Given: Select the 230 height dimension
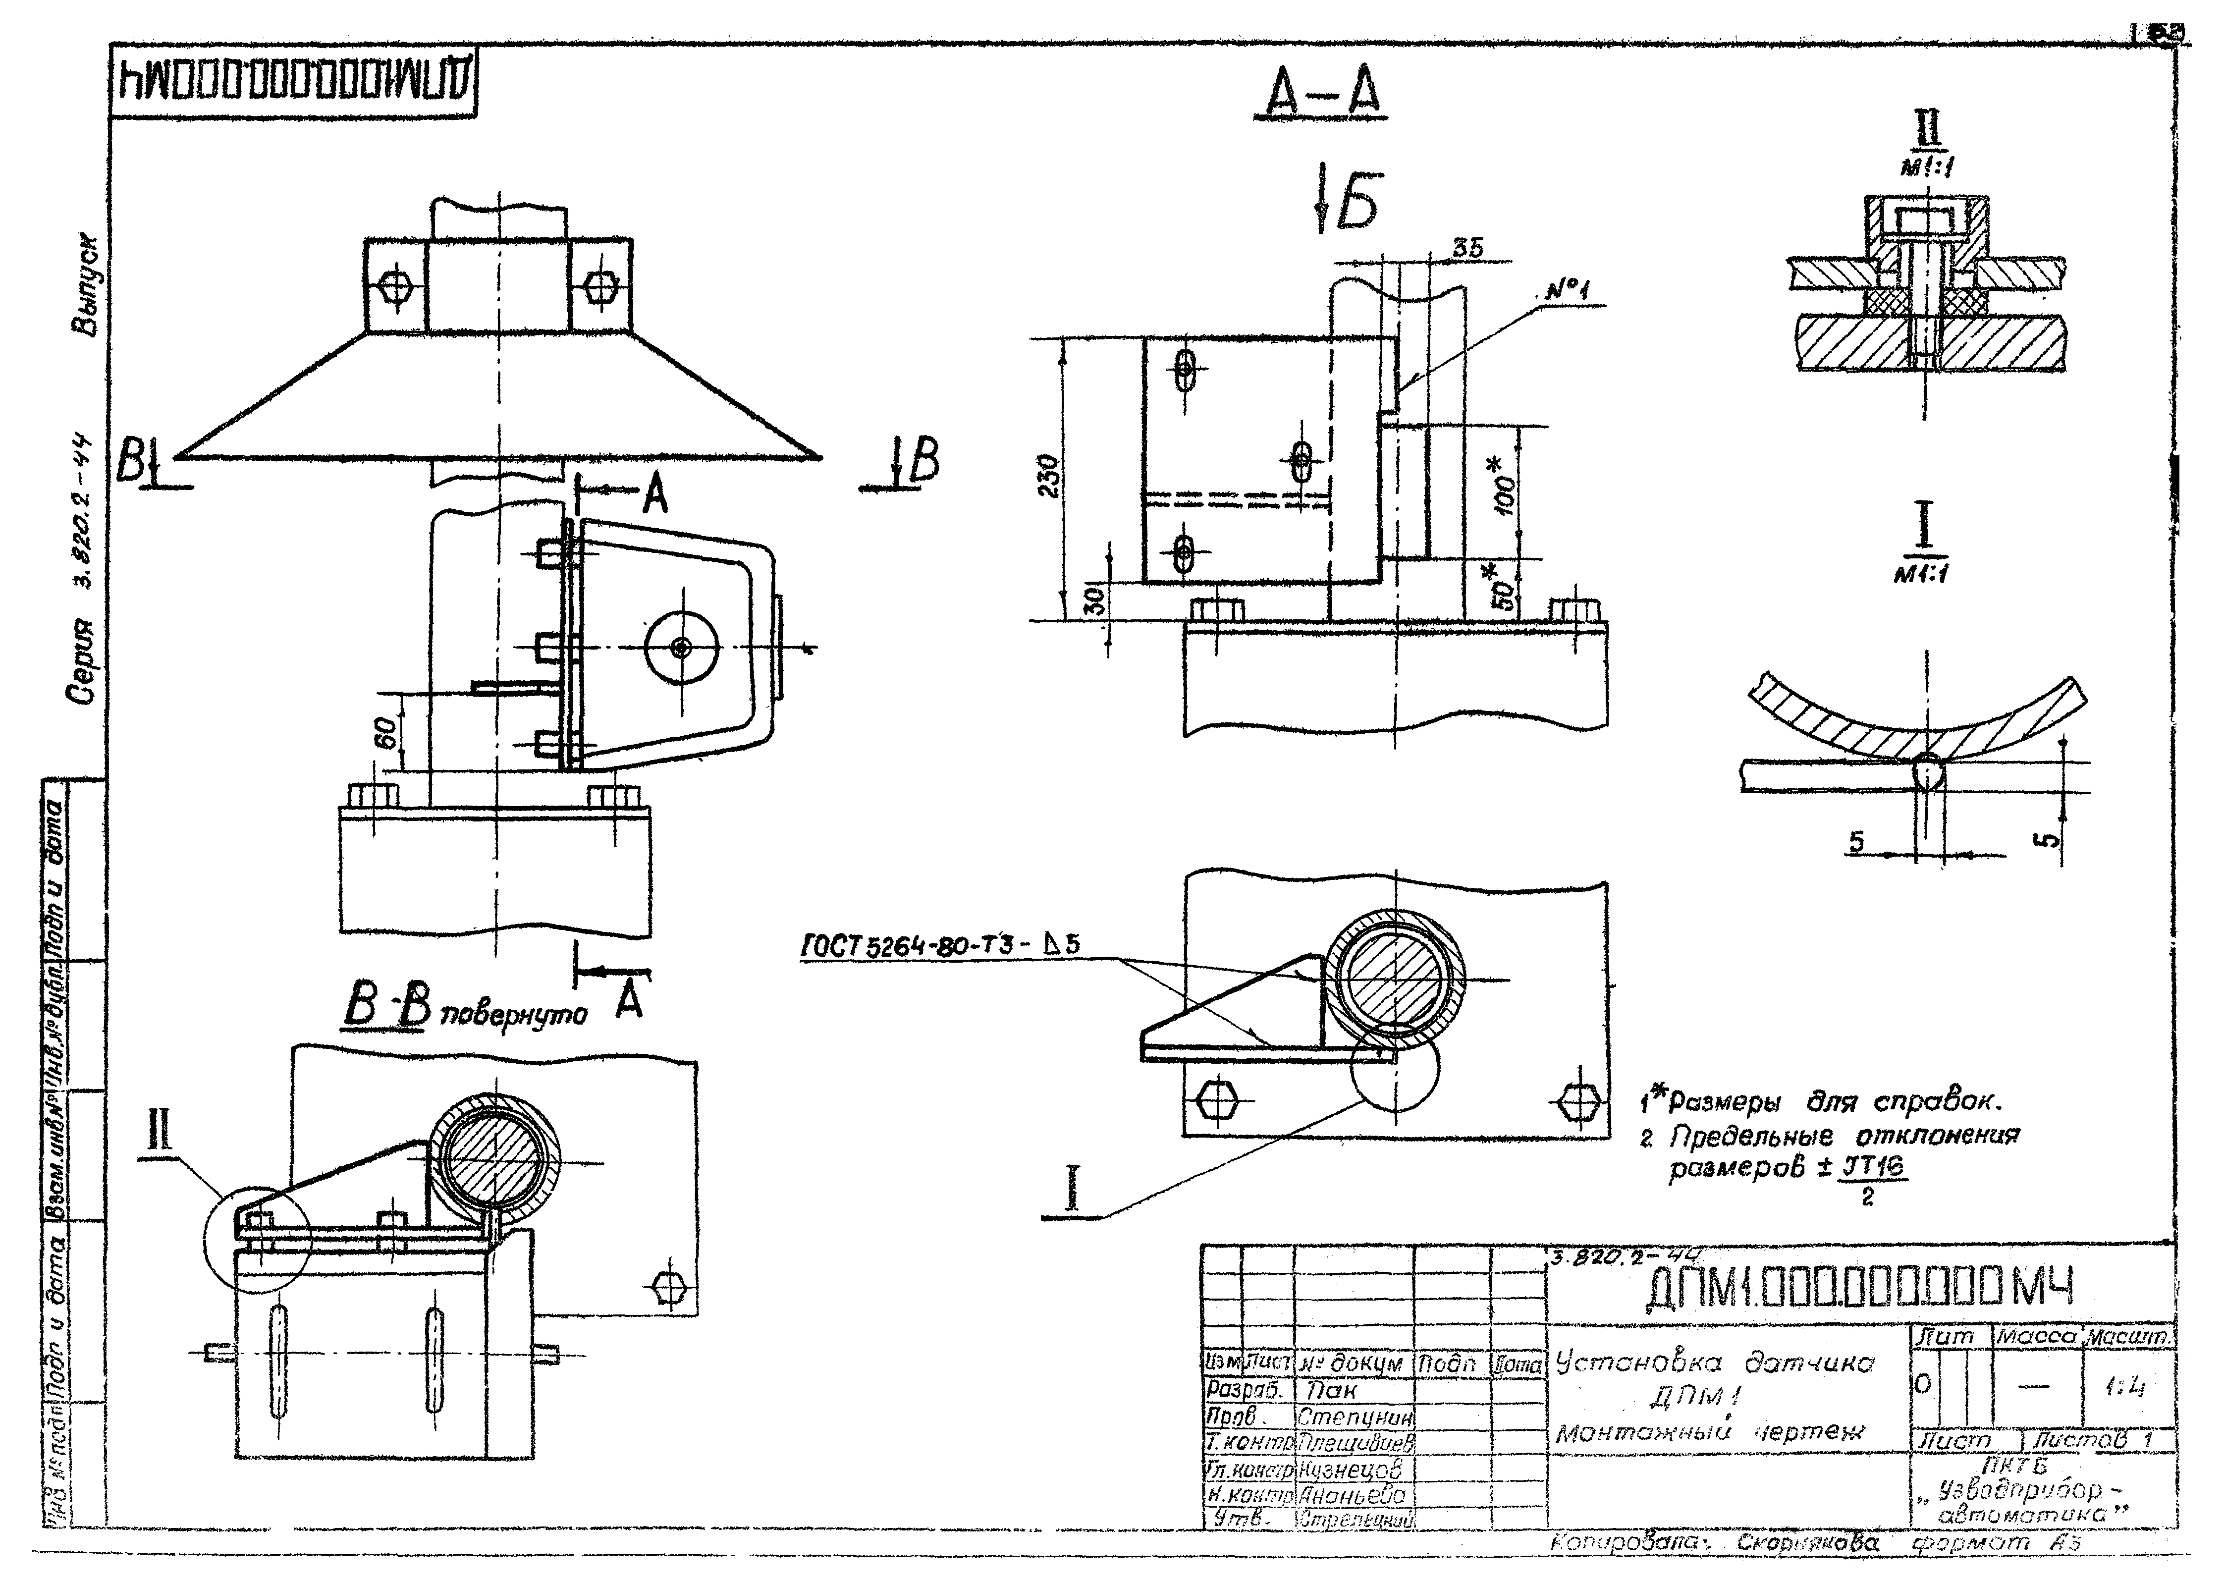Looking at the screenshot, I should coord(1047,477).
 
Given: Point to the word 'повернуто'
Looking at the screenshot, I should coord(514,1015).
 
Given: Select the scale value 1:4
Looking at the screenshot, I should coord(2130,1388).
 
